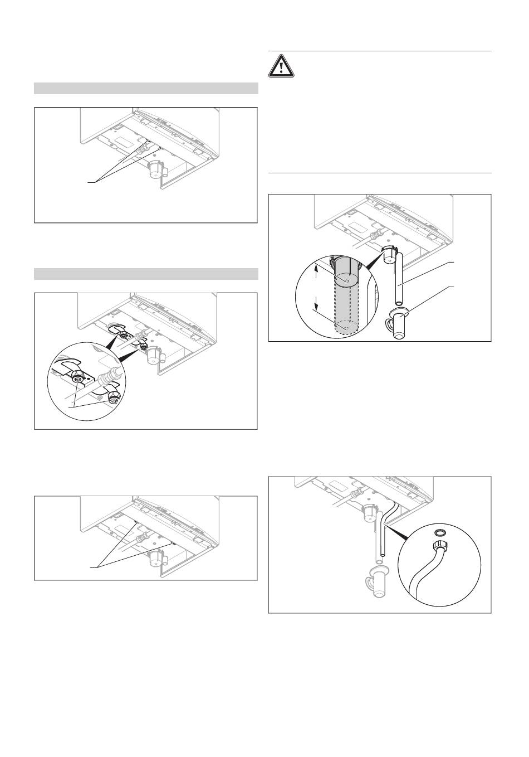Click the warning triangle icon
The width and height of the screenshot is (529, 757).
(282, 67)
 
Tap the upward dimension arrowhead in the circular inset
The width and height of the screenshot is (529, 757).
(316, 268)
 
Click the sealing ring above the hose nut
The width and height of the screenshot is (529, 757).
(438, 531)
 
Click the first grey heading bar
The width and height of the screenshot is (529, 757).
(146, 88)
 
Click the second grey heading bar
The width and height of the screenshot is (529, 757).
(146, 274)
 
